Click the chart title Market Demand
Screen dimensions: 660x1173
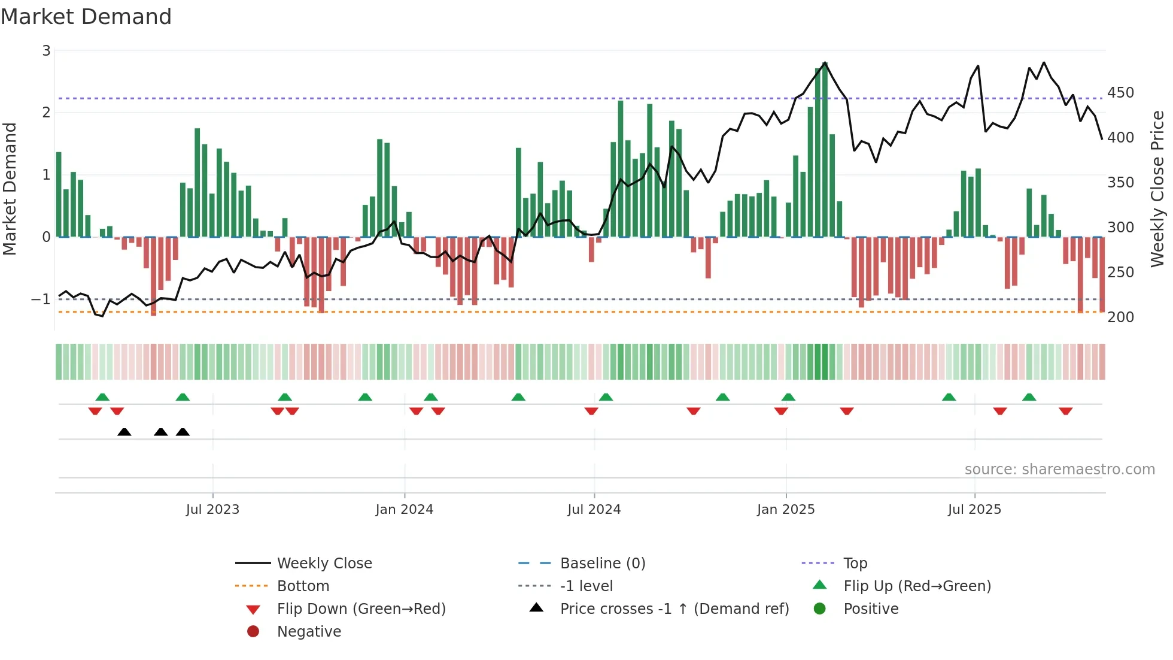86,17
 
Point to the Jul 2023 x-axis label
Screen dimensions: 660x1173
212,510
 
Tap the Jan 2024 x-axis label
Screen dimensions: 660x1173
404,510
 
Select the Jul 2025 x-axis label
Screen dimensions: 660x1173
974,510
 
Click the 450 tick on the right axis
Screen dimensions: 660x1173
1120,93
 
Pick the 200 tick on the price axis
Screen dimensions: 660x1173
1120,317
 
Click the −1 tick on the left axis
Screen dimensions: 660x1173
41,299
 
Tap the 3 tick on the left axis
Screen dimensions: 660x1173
46,51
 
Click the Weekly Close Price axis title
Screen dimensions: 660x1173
1157,189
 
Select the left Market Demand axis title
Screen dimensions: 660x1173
10,189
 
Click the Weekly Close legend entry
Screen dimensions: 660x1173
324,564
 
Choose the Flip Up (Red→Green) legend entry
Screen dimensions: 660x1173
917,586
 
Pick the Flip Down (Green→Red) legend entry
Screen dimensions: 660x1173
361,609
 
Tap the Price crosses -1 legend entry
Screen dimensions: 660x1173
674,609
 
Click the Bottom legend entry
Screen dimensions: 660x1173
303,586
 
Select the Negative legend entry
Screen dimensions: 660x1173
309,632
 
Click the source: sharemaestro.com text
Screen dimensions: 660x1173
1059,470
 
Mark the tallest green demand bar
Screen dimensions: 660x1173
825,150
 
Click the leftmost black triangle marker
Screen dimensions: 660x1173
124,432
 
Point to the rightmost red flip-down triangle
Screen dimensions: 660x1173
1065,411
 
